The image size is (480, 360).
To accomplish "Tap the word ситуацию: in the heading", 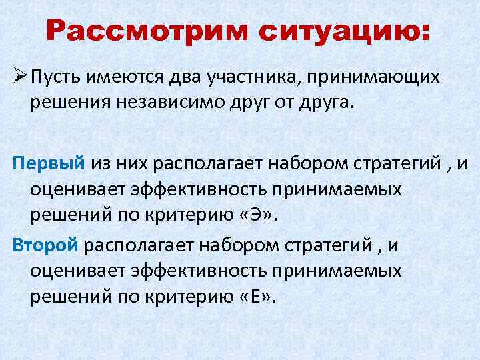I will pyautogui.click(x=339, y=31).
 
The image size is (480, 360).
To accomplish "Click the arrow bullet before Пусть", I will pyautogui.click(x=19, y=77).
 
